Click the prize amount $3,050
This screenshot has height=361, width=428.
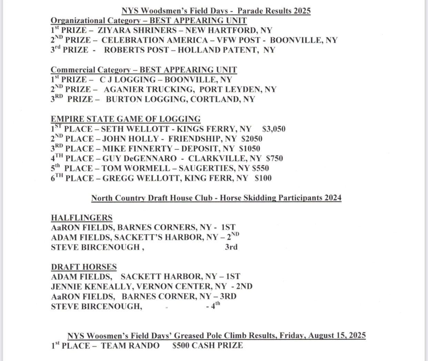coord(274,129)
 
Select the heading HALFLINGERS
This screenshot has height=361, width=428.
coord(82,218)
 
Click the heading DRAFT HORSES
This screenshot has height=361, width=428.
coord(84,267)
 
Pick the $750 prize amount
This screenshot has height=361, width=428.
coord(274,159)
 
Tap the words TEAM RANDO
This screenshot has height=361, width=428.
coord(130,345)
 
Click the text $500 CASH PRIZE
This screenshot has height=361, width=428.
coord(207,345)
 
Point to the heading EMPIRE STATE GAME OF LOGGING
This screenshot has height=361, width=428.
coord(125,119)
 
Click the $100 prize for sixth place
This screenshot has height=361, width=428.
coord(263,178)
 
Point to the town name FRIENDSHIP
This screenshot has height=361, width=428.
coord(195,139)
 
